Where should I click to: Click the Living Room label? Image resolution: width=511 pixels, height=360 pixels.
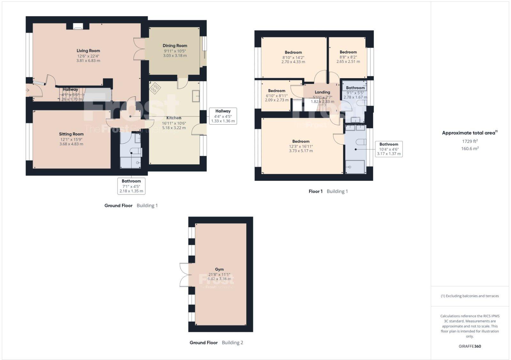click(x=88, y=50)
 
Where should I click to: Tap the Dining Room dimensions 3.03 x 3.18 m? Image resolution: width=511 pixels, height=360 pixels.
click(x=175, y=56)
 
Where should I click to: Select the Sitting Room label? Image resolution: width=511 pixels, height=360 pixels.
click(x=71, y=134)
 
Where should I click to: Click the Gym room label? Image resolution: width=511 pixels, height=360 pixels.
click(x=219, y=269)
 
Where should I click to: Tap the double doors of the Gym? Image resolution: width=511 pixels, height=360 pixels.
click(x=184, y=274)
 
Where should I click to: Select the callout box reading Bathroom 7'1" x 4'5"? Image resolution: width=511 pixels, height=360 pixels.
click(x=131, y=186)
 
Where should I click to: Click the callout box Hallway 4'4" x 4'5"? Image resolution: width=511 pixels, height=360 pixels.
click(x=223, y=116)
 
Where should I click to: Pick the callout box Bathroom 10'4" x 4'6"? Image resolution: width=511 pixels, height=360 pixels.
click(x=389, y=149)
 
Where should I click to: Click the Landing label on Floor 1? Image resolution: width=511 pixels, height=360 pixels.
click(x=322, y=92)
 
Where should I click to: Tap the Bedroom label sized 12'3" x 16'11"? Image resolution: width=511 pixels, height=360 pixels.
click(x=301, y=141)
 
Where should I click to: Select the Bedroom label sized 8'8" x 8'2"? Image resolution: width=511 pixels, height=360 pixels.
click(x=348, y=52)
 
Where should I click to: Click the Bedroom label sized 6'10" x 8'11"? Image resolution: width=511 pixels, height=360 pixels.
click(x=277, y=91)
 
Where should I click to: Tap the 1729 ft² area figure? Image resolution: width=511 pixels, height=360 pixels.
click(x=470, y=141)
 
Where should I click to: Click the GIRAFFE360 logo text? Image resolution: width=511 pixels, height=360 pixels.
click(x=470, y=346)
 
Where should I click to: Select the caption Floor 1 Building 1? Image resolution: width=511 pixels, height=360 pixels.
click(x=328, y=191)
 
